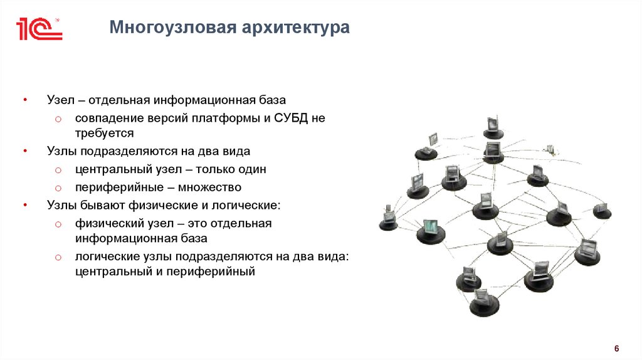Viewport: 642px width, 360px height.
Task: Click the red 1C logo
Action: click(39, 29)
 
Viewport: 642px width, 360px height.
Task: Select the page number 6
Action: click(616, 349)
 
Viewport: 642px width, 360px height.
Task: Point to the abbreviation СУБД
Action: click(292, 117)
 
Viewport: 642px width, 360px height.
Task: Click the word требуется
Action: click(105, 133)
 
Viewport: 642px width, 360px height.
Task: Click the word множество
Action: click(212, 187)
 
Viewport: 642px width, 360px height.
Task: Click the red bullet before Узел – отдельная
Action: click(24, 100)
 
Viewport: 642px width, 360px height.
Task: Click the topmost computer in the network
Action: click(493, 126)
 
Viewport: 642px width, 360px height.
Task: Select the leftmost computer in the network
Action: click(389, 217)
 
